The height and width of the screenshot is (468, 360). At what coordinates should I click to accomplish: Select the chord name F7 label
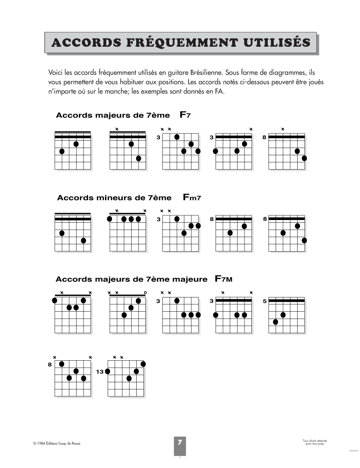click(x=185, y=115)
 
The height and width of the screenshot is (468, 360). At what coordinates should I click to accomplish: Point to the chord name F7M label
click(x=224, y=279)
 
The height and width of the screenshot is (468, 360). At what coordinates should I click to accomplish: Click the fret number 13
click(x=100, y=372)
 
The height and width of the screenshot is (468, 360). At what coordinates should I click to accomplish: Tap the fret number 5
click(x=265, y=301)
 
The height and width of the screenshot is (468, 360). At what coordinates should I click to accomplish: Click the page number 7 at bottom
click(x=180, y=442)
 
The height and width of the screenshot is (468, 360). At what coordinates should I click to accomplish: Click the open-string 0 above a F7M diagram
click(x=145, y=292)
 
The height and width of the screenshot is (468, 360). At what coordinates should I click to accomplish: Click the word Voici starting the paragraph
click(x=55, y=73)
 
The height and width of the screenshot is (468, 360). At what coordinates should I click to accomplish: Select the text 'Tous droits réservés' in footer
click(x=315, y=440)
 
